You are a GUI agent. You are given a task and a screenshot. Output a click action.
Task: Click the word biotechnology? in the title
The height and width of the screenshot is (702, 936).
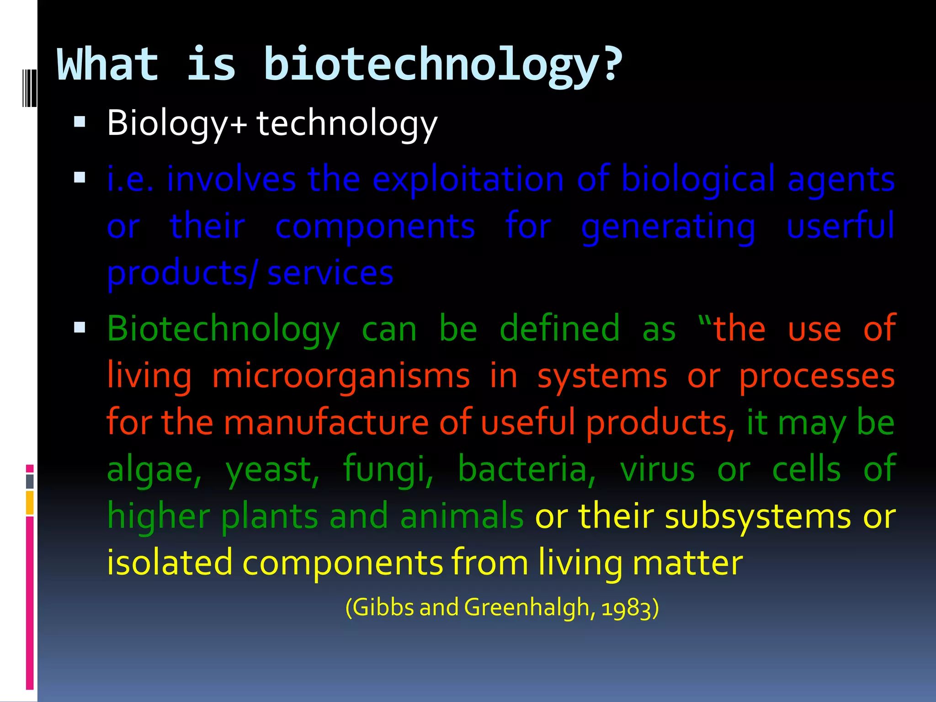pos(442,65)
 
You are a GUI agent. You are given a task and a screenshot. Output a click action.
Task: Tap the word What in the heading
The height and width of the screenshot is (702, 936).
pos(108,64)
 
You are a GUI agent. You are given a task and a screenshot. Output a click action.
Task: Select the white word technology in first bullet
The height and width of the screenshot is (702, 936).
pos(346,123)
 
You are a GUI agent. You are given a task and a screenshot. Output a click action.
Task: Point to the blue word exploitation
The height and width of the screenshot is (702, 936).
pos(468,179)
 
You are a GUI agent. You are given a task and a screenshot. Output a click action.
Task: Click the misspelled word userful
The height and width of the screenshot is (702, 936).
pos(840,226)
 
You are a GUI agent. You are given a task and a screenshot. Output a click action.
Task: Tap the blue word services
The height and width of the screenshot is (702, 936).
pos(330,273)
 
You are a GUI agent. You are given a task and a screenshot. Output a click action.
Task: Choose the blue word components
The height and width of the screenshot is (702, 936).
pos(375,227)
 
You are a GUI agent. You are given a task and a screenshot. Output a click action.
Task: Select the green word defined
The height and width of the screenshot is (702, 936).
pos(559,329)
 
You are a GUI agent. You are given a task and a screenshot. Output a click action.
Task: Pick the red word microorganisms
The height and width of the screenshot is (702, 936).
pos(341,377)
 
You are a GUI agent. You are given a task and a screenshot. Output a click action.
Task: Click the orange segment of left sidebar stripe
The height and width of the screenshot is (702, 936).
pos(30,503)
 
